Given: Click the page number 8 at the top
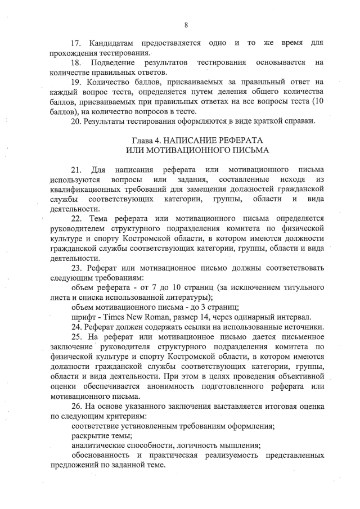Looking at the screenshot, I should click(x=186, y=25).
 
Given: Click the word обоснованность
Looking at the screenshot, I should click(x=102, y=454).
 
